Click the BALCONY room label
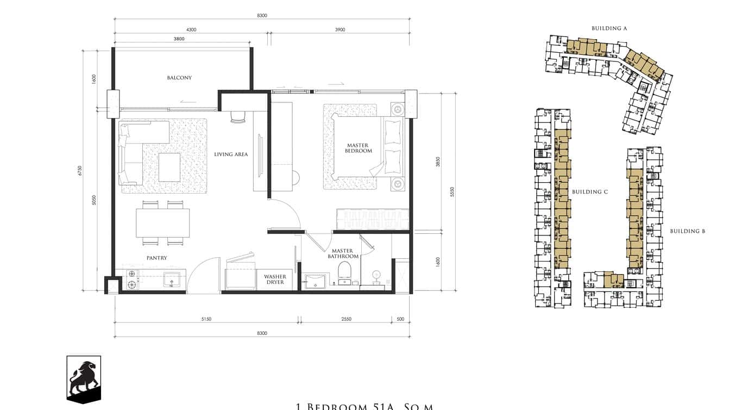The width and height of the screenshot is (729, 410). tap(179, 78)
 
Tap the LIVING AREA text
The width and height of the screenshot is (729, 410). tap(231, 154)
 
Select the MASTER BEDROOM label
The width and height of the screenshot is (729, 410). tap(359, 148)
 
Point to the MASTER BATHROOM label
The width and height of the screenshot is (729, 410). tap(343, 253)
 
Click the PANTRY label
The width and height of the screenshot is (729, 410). tap(156, 258)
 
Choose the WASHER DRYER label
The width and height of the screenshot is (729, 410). tap(275, 279)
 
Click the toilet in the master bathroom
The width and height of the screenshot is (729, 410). tap(345, 272)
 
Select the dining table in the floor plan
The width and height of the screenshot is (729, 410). tap(162, 223)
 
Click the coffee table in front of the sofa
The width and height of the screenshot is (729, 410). tap(169, 167)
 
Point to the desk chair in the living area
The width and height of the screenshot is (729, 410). tap(238, 117)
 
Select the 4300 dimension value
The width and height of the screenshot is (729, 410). tap(191, 30)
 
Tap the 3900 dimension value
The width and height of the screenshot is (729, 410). tap(340, 30)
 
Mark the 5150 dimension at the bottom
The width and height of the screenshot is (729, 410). tap(206, 319)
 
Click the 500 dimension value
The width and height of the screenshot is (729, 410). tap(400, 319)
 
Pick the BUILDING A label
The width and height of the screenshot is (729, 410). tap(609, 28)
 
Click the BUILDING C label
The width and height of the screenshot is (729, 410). tap(590, 192)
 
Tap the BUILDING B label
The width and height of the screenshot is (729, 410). tap(687, 231)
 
